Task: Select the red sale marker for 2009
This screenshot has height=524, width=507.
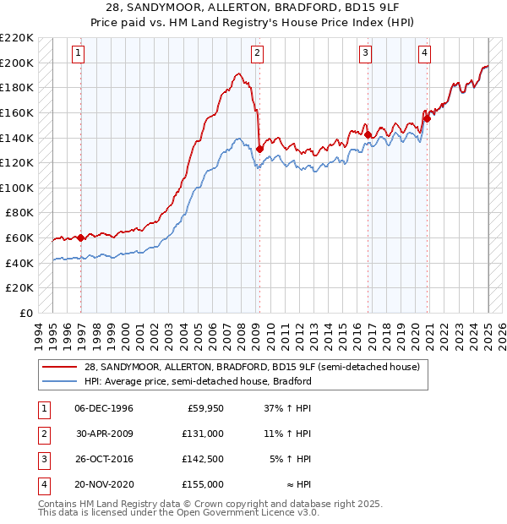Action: pyautogui.click(x=259, y=149)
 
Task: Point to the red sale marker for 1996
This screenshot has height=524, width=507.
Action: pyautogui.click(x=80, y=237)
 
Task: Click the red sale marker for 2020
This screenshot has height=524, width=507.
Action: pyautogui.click(x=428, y=118)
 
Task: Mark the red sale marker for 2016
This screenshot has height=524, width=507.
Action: pyautogui.click(x=368, y=134)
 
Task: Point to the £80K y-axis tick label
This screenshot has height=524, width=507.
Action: pyautogui.click(x=19, y=213)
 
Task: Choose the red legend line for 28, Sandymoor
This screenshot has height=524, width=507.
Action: pyautogui.click(x=58, y=368)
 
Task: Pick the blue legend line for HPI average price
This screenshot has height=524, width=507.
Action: pyautogui.click(x=58, y=381)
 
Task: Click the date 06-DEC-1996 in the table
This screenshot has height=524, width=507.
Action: pyautogui.click(x=104, y=409)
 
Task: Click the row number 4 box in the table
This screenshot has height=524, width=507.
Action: pyautogui.click(x=43, y=484)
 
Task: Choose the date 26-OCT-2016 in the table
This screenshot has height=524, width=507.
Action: pyautogui.click(x=104, y=459)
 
